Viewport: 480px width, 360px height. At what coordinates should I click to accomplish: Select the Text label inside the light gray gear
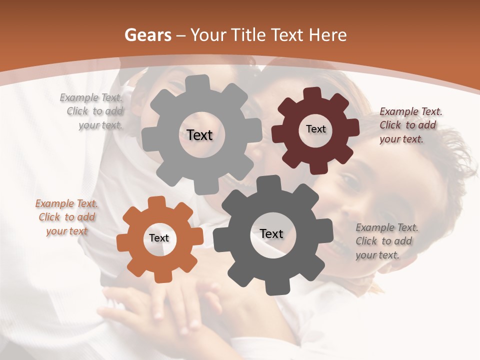199,135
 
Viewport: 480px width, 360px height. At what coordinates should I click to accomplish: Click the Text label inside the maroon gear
315,129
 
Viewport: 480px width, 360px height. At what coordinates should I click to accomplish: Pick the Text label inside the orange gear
159,238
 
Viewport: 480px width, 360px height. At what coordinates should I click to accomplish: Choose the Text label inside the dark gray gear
271,233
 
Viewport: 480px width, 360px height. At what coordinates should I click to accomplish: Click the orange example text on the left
66,217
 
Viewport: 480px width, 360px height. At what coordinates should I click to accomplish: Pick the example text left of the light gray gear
92,111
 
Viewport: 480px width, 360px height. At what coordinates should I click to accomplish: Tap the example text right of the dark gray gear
386,241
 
